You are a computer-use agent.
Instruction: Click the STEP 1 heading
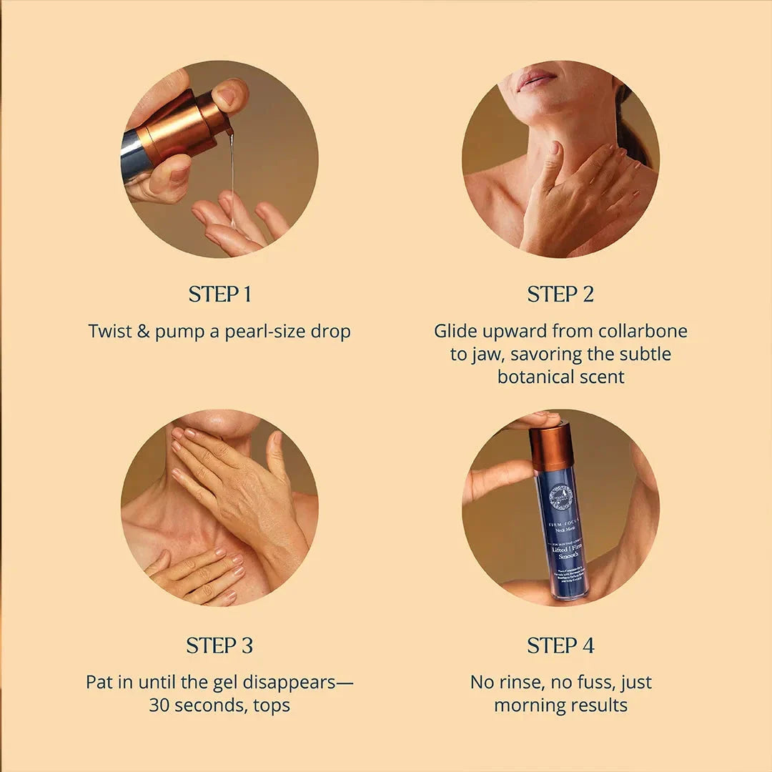(x=219, y=295)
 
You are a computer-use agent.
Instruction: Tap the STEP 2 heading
(x=560, y=295)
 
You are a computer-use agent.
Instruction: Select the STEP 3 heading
(x=219, y=646)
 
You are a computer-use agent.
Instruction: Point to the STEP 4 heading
(x=560, y=646)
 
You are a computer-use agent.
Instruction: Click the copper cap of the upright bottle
(x=551, y=447)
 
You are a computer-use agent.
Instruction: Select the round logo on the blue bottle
(x=560, y=497)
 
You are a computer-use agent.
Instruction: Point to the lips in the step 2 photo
(x=536, y=79)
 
